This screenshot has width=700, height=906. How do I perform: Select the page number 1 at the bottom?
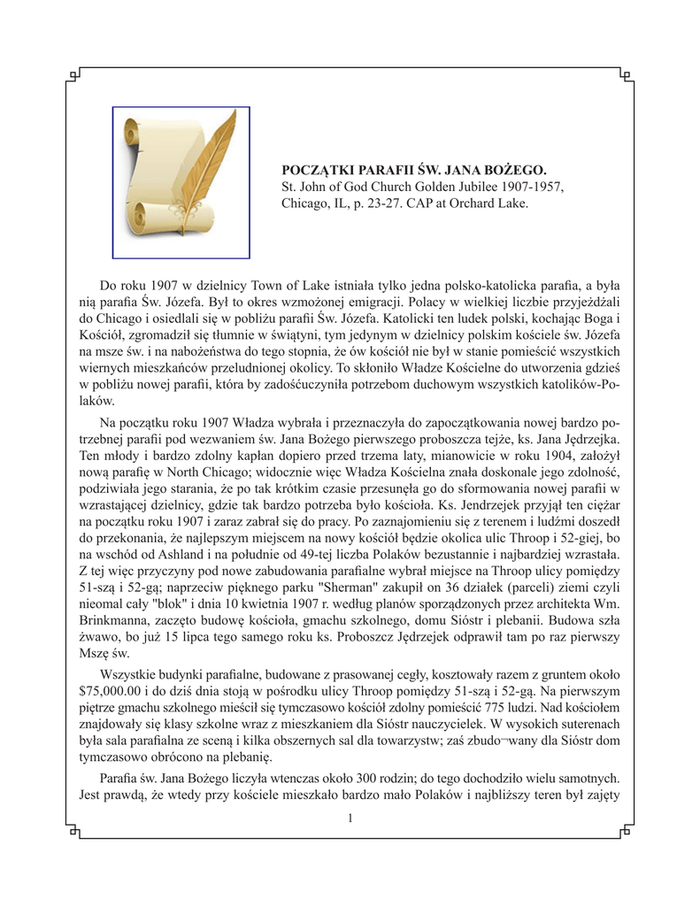click(350, 818)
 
